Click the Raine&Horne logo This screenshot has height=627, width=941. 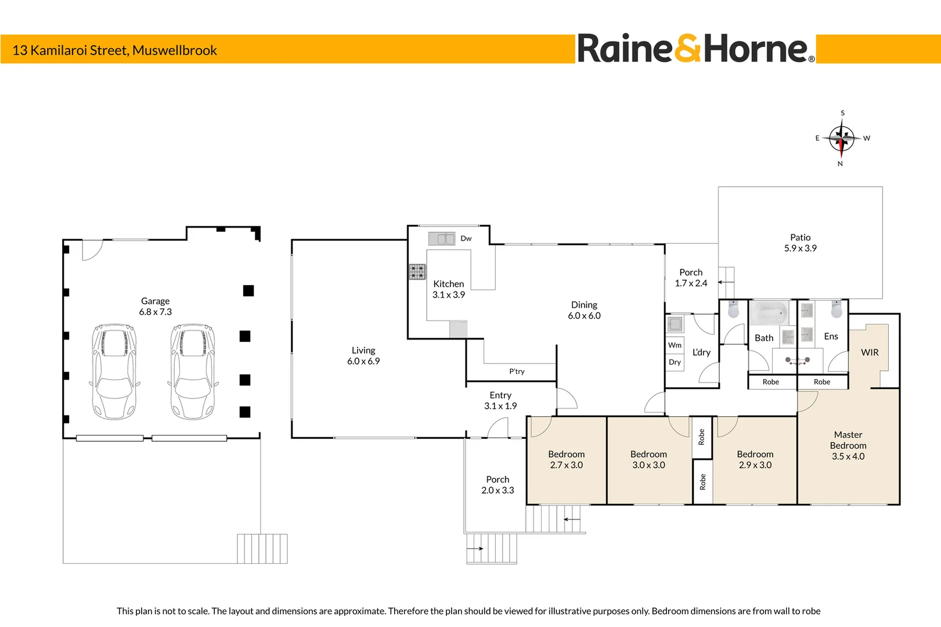(696, 48)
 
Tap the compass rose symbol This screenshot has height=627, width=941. (841, 138)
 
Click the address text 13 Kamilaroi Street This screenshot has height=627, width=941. (70, 51)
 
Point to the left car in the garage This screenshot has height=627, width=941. (114, 372)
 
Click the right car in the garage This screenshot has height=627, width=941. (193, 372)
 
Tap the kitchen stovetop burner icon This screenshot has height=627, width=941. (417, 272)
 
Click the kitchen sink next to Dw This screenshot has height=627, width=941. (442, 239)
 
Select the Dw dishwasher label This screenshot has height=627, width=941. (466, 238)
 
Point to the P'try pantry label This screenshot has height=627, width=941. (517, 371)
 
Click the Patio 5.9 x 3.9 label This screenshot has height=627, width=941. (801, 243)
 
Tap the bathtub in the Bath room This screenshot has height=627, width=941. (770, 313)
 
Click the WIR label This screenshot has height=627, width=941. (870, 352)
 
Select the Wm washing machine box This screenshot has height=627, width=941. (675, 345)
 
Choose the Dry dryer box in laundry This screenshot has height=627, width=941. (675, 362)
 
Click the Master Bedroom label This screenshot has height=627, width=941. (848, 445)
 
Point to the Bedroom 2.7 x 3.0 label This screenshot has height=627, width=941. (566, 459)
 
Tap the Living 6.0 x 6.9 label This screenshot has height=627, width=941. (363, 355)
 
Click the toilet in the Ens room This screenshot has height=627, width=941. (837, 309)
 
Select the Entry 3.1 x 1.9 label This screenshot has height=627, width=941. (500, 401)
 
